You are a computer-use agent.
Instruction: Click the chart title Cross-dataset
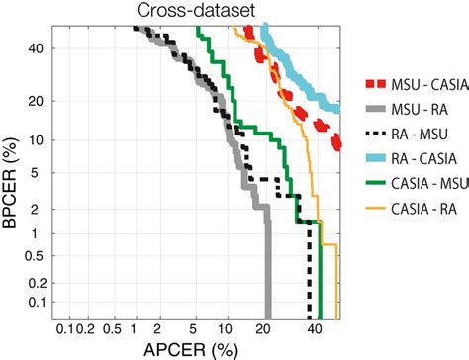(195, 12)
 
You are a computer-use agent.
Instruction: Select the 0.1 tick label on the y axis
(36, 301)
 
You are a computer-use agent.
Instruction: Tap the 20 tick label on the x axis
(265, 326)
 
